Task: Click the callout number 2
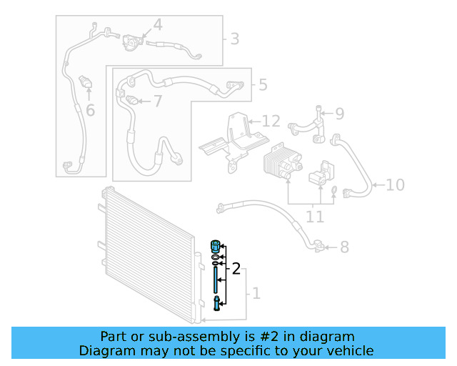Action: (x=236, y=269)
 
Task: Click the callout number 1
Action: (x=256, y=293)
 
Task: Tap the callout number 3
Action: (x=234, y=39)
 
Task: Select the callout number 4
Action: (x=157, y=26)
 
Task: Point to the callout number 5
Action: (x=263, y=85)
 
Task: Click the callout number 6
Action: (x=90, y=110)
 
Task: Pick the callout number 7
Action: (x=157, y=101)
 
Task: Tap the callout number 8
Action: (x=344, y=247)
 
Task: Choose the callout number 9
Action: (x=339, y=113)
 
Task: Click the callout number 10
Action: (x=395, y=185)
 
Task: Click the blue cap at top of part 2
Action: (x=214, y=247)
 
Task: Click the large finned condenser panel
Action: (x=146, y=250)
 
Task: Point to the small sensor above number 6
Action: (x=86, y=82)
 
